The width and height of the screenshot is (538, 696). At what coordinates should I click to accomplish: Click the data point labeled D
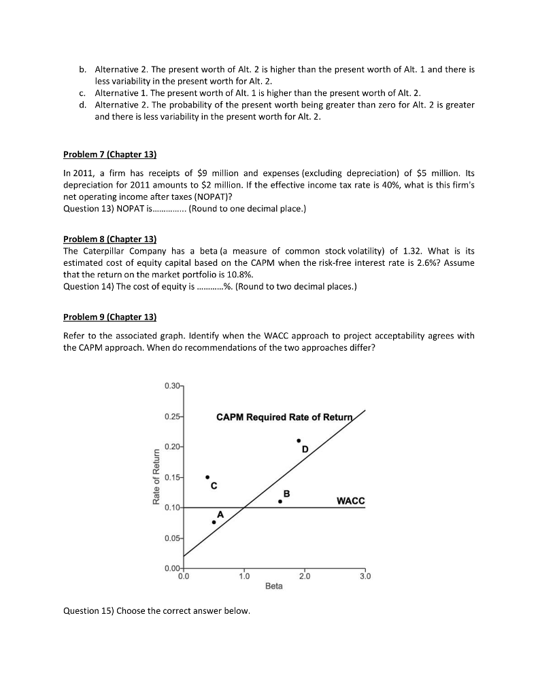coord(298,441)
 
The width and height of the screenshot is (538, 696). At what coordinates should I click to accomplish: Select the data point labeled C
coord(207,477)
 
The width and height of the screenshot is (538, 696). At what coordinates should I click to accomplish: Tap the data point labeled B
coord(280,502)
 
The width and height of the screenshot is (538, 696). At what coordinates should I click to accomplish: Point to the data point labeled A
coord(214,522)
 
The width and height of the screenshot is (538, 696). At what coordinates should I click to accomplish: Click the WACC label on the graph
coord(350,501)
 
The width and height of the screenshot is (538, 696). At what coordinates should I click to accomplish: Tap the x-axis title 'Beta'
coord(274,585)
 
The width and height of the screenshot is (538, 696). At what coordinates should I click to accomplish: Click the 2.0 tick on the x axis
coord(304,575)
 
